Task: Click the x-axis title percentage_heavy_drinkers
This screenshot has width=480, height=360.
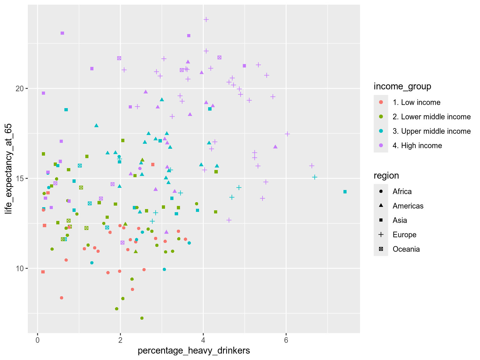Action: click(x=194, y=351)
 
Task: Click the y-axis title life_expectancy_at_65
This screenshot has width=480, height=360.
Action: click(x=8, y=169)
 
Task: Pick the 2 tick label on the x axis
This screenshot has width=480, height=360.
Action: click(x=120, y=340)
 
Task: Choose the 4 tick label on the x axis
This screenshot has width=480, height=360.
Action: click(x=203, y=340)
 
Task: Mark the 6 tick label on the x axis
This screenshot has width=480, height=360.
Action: click(x=286, y=340)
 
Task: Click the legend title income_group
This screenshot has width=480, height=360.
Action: click(x=402, y=86)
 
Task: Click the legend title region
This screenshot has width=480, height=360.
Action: click(x=386, y=176)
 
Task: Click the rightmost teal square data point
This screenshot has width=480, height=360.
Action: click(x=345, y=192)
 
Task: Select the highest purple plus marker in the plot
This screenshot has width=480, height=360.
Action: click(x=206, y=19)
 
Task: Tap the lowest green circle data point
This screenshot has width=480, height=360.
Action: click(x=142, y=318)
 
